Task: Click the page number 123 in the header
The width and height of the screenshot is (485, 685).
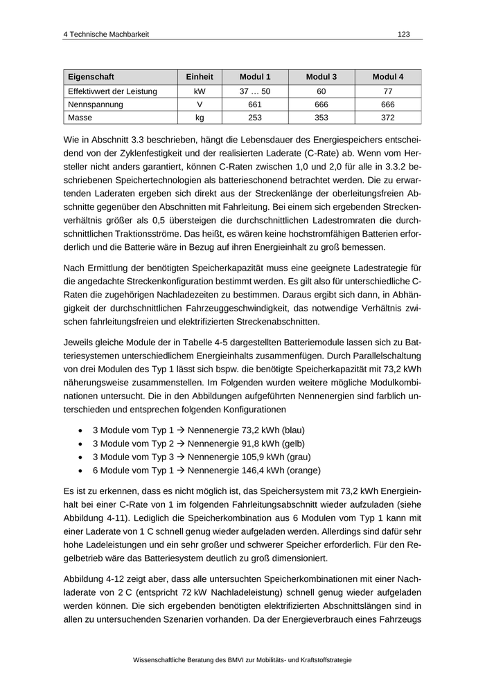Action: coord(403,34)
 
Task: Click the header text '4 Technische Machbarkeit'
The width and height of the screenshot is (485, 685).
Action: coord(105,34)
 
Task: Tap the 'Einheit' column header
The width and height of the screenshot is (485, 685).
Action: coord(200,77)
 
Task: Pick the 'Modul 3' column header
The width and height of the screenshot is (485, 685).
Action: coord(321,77)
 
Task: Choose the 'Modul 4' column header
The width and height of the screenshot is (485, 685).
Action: coord(388,77)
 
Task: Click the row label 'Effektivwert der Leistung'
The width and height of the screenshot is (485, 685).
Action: coord(112,91)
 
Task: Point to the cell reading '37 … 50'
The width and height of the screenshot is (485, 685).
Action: coord(254,91)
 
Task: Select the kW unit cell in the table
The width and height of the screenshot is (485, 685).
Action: coord(200,91)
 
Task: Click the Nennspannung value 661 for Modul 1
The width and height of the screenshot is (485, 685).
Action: coord(254,104)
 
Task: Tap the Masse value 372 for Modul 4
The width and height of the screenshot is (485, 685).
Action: coord(388,118)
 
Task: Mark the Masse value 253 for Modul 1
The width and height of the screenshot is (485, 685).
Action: coord(254,118)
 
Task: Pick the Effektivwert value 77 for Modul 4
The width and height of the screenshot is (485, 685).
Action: coord(388,91)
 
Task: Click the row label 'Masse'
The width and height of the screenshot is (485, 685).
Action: coord(80,118)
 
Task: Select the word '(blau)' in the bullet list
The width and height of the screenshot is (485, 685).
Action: coord(290,430)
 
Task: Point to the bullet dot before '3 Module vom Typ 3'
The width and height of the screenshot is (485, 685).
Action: coord(82,457)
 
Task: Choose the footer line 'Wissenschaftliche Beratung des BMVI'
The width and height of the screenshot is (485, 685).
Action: coord(242,660)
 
